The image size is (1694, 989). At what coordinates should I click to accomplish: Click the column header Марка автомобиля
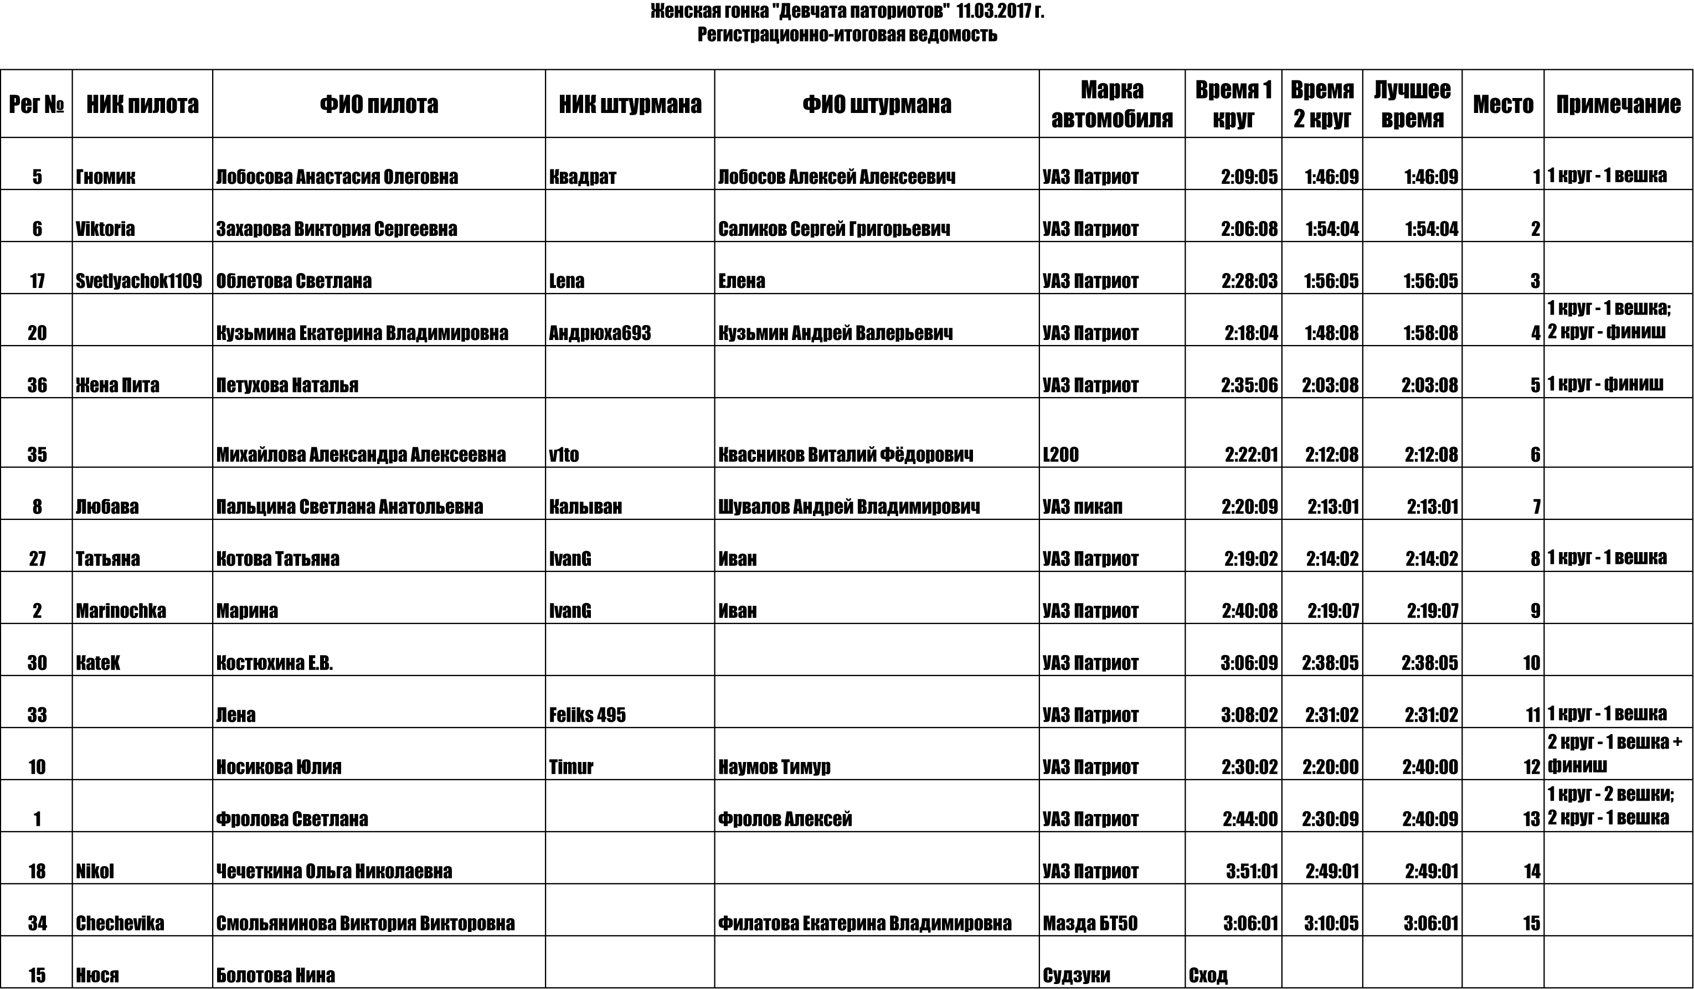coord(1111,104)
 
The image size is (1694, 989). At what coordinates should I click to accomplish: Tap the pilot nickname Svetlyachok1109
coord(138,281)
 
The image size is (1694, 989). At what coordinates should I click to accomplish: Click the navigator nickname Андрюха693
coord(600,333)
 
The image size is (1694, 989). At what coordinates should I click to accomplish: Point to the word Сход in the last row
coord(1208,975)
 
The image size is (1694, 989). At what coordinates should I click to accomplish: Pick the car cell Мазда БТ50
coord(1090,923)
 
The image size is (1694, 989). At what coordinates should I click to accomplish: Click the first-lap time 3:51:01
coord(1252,872)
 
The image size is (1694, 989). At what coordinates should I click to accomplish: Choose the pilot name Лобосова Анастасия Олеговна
coord(337,177)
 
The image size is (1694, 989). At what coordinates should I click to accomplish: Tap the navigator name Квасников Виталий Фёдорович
coord(845,455)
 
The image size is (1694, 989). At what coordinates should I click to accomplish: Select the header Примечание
coord(1618,104)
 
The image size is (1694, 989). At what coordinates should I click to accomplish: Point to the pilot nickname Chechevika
coord(120,923)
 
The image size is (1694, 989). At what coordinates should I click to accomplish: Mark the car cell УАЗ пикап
coord(1082,507)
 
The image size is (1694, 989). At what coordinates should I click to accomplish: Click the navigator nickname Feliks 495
coord(587,715)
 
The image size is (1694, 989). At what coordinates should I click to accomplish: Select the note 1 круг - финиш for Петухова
coord(1605,384)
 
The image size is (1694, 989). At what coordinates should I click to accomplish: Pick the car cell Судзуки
coord(1076,975)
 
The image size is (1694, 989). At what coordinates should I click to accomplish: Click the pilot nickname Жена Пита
coord(117,385)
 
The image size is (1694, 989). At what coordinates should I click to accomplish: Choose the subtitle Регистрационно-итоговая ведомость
coord(847,34)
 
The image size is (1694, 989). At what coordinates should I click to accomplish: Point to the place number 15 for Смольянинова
coord(1531,923)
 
